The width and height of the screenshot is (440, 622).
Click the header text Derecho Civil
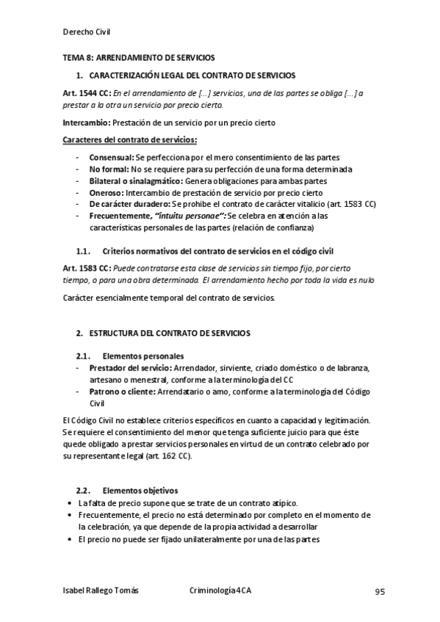[87, 32]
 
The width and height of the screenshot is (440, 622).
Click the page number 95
[380, 591]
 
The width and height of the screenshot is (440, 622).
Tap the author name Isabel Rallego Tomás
[100, 591]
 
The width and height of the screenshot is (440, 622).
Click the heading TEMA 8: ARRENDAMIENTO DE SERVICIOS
[137, 57]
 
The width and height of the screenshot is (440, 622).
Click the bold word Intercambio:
[86, 122]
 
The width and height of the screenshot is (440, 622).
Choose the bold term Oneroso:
[107, 192]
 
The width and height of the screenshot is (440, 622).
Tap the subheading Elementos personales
[143, 356]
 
